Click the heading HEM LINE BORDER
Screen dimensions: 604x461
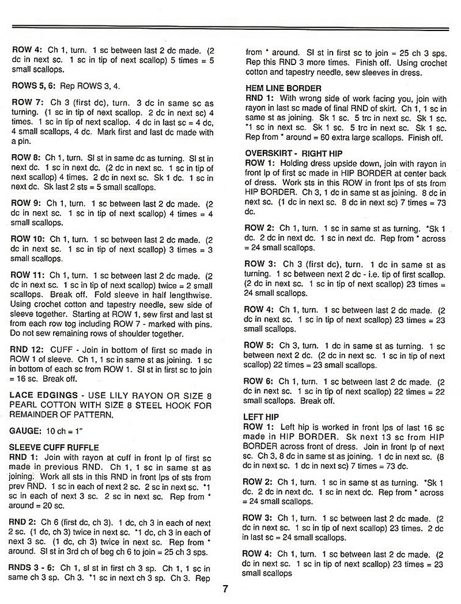click(x=283, y=88)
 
